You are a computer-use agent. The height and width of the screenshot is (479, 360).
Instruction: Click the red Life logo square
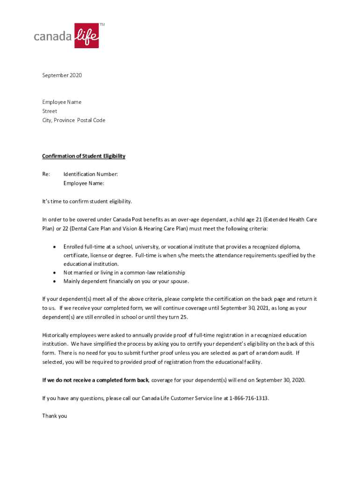pos(86,35)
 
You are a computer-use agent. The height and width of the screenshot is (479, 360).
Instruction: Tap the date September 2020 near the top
pos(62,75)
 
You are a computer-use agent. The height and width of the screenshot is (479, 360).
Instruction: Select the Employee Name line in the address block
pos(62,102)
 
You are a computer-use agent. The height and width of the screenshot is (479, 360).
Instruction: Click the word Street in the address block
pos(50,111)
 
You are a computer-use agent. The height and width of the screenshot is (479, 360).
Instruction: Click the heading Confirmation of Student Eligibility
pos(84,156)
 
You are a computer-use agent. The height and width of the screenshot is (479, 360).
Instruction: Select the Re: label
pos(46,174)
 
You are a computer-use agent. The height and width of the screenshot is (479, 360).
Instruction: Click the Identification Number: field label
pos(91,174)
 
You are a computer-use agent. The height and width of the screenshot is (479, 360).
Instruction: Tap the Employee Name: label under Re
pos(84,183)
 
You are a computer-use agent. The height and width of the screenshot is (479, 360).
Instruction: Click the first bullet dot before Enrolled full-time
pos(55,247)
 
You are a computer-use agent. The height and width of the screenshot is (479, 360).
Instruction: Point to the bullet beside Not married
pos(55,273)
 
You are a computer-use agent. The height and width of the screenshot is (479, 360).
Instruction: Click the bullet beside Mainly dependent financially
pos(55,282)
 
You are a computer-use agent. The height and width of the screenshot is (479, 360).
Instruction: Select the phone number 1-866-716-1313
pos(249,398)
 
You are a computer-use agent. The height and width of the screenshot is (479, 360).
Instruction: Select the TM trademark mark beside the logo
pos(102,24)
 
